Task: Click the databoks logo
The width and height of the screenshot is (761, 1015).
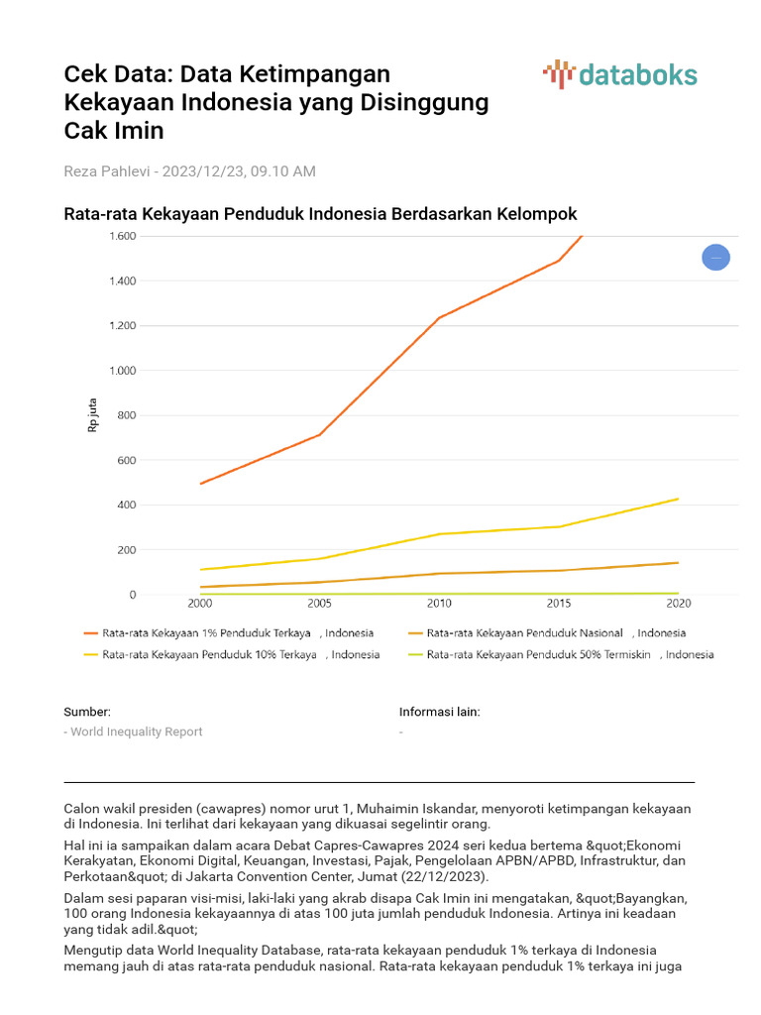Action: click(620, 75)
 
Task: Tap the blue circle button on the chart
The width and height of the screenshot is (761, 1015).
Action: click(716, 258)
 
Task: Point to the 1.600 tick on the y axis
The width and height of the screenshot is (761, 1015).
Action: click(123, 236)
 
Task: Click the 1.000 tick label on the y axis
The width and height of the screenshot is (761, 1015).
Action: click(123, 371)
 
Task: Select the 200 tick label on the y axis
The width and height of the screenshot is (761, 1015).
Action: click(127, 550)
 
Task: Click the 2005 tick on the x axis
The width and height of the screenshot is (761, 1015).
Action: click(319, 604)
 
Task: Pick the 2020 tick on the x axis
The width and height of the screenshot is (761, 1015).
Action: click(678, 604)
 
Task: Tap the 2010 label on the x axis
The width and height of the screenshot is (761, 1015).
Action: click(439, 604)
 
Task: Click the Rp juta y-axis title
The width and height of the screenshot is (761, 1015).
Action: click(94, 414)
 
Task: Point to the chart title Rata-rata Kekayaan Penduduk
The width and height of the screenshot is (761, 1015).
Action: click(320, 214)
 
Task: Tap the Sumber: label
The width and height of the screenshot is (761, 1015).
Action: click(87, 712)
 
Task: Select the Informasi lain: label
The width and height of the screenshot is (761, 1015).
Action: click(440, 712)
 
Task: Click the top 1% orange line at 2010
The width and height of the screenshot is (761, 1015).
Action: click(439, 318)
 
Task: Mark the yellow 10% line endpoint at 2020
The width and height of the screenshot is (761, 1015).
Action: click(678, 499)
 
